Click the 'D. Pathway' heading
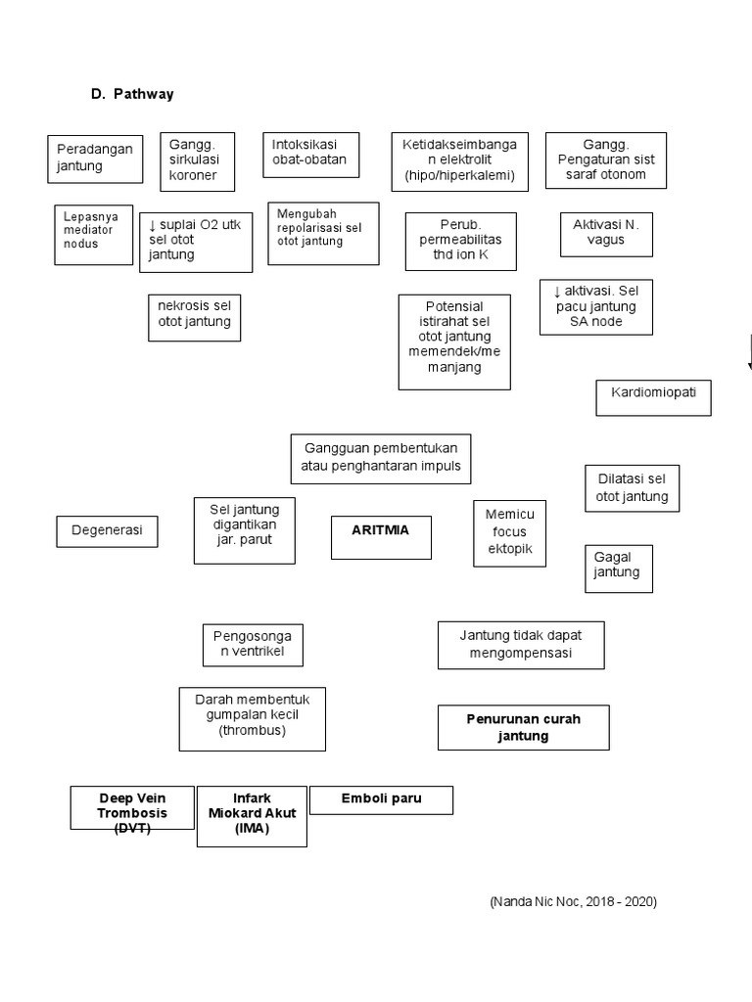[x=133, y=94]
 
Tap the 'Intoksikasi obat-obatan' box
[x=310, y=154]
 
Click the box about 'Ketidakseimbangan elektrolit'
[x=459, y=160]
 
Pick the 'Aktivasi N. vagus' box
[x=605, y=233]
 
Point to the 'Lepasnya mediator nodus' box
[x=93, y=234]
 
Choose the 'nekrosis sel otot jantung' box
[x=194, y=316]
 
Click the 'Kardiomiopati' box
[x=653, y=396]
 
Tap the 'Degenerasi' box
[x=107, y=531]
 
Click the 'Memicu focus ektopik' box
[x=509, y=532]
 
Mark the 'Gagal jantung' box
[x=618, y=568]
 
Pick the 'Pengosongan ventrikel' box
[x=253, y=645]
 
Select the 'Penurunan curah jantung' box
[x=523, y=727]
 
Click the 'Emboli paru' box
[x=381, y=799]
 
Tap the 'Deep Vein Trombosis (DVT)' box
[x=132, y=807]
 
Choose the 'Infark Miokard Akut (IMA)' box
[x=252, y=815]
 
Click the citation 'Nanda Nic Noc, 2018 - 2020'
[x=574, y=901]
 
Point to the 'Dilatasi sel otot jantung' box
[x=631, y=487]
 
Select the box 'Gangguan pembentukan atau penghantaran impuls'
[x=381, y=458]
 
